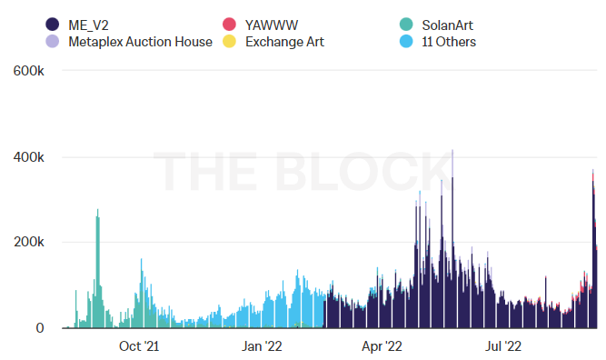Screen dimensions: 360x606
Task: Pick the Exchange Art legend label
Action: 284,41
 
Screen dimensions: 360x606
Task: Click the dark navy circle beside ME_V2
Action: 52,25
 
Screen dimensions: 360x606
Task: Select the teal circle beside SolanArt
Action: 407,25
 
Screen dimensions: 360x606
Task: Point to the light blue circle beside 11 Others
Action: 407,41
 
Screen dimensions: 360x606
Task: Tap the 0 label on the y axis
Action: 40,328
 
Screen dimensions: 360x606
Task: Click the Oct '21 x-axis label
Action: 139,345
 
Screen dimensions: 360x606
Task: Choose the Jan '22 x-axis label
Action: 261,345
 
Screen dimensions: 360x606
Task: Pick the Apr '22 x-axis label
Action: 381,345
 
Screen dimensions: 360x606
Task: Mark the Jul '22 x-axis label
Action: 502,345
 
